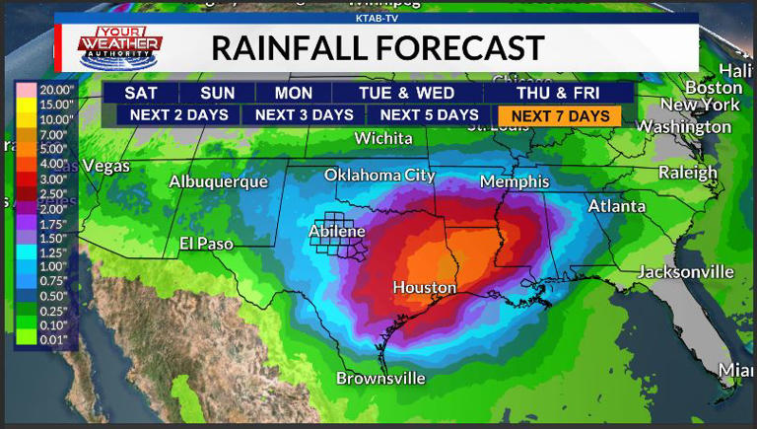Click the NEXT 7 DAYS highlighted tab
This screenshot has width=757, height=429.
560,115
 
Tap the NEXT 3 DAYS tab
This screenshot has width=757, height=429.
304,115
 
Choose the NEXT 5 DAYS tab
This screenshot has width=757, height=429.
429,115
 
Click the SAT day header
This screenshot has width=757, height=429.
141,93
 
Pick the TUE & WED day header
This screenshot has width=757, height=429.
406,93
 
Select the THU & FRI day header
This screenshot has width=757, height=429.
558,93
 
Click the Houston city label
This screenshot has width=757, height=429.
424,288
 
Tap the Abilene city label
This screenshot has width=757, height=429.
337,231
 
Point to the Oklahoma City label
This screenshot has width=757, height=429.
379,176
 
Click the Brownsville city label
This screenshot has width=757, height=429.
380,378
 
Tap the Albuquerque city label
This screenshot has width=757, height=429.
218,181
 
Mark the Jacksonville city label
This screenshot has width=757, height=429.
686,271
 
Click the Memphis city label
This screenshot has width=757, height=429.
515,182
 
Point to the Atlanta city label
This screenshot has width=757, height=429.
617,206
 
